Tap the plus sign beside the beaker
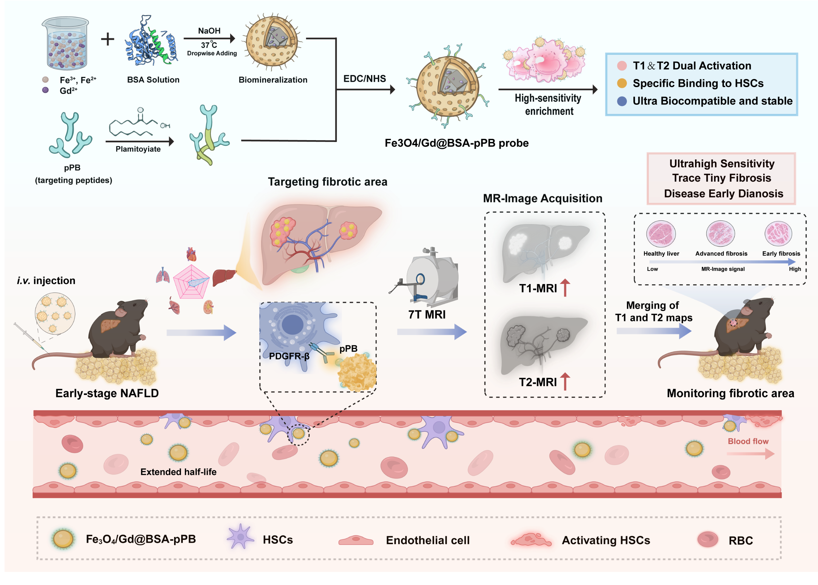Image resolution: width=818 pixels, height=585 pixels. point(107,39)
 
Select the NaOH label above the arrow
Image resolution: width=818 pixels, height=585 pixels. point(209,31)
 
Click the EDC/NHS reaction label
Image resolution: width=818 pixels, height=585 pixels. point(364,78)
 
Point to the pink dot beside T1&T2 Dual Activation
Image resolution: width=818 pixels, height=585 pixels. point(622,65)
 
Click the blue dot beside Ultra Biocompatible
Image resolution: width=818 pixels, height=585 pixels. point(622,101)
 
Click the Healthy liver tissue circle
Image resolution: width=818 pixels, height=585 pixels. point(661,233)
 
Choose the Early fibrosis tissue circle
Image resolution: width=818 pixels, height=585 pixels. point(778,233)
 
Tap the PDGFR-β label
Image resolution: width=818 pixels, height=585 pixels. point(289,356)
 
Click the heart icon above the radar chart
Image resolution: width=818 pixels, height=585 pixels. point(191,254)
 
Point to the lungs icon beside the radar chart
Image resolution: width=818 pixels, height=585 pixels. point(163,275)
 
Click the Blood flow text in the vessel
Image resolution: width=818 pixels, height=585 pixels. point(748,441)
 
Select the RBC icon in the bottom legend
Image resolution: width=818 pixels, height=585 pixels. point(707,539)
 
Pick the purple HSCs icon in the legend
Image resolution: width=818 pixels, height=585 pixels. point(240,537)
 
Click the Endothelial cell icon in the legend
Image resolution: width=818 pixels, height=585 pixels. point(356,540)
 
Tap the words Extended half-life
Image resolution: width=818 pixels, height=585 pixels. point(178,472)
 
